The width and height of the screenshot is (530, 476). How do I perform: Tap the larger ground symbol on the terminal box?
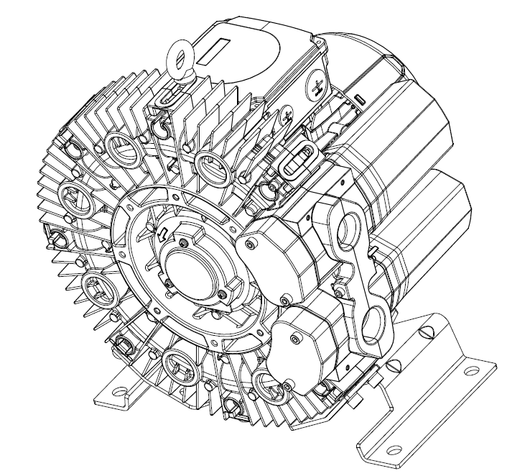click(x=317, y=88)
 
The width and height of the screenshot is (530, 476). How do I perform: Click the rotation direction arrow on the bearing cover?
click(x=162, y=232)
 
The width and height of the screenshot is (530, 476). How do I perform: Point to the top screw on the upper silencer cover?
click(x=249, y=246)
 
